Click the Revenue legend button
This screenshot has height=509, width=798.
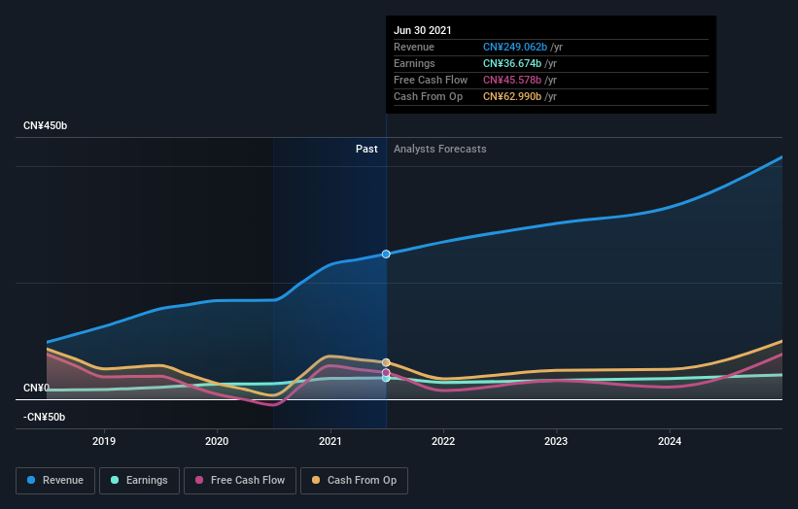[55, 480]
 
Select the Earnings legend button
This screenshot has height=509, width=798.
[139, 480]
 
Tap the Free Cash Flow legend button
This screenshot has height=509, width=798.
[239, 480]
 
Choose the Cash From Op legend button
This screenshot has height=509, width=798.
[355, 480]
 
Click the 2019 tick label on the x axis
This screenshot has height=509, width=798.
[104, 440]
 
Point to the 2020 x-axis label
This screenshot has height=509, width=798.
[217, 440]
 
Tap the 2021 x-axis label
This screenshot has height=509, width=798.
[330, 440]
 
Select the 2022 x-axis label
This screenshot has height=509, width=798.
[443, 440]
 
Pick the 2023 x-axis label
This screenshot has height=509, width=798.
[557, 440]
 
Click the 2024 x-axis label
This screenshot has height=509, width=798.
[670, 440]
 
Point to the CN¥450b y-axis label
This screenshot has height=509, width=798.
[46, 126]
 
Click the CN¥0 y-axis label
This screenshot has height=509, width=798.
[37, 389]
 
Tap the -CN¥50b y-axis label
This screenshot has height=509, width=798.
[44, 417]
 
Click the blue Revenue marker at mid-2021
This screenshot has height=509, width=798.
[386, 254]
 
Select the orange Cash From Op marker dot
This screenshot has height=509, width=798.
[386, 362]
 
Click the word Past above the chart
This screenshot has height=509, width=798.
[366, 149]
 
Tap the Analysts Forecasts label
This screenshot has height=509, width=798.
[440, 149]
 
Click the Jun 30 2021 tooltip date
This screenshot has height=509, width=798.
[423, 30]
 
